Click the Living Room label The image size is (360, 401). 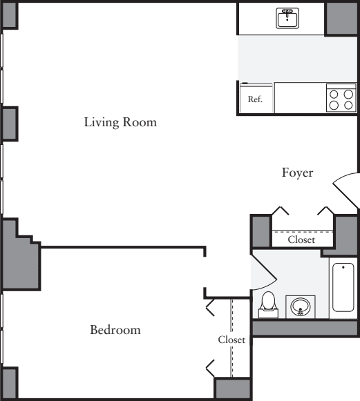point(120,124)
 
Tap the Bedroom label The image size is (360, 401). point(115,330)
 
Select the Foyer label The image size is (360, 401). point(297,173)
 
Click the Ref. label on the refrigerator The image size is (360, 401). point(255,99)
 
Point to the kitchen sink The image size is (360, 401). point(288,18)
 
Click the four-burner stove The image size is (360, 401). point(341,97)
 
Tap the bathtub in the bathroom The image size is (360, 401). point(343,287)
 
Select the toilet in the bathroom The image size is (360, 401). point(268,304)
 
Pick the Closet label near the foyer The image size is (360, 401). point(301,240)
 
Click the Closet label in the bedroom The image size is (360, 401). point(231,340)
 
